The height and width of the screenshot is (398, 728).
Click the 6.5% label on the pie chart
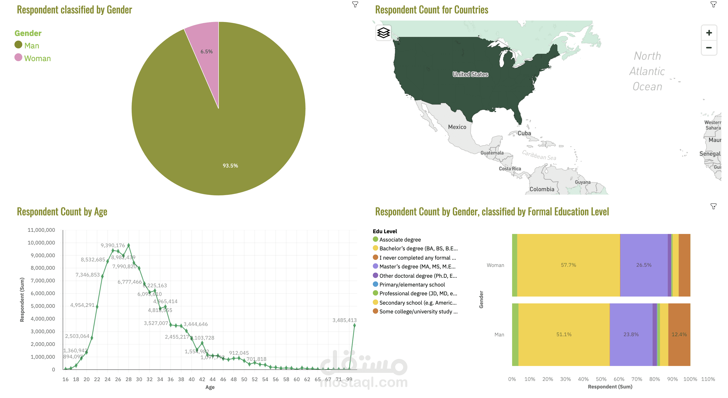coord(206,52)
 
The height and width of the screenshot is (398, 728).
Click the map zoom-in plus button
coord(708,33)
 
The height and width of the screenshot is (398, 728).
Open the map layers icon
coord(383,33)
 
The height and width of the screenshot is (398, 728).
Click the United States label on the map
coord(470,74)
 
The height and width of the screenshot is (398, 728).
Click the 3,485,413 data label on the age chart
coord(344,320)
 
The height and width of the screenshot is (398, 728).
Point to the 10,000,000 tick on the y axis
coord(41,243)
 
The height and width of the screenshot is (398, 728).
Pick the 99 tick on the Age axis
coord(349,379)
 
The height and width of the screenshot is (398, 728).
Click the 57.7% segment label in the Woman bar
coord(568,265)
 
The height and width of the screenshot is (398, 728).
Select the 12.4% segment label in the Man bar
coord(679,334)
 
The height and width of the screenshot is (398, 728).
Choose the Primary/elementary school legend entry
coord(412,285)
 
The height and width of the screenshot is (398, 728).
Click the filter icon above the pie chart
coord(355,4)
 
